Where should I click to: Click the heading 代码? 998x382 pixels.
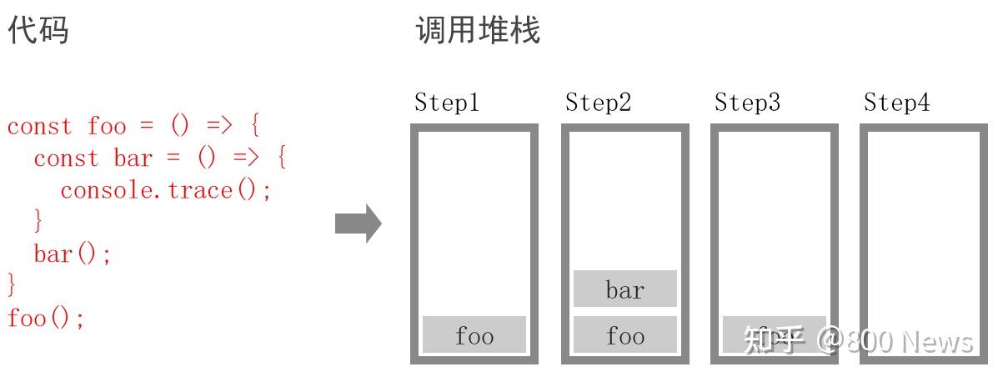pos(38,31)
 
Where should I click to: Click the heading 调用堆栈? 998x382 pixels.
pos(478,31)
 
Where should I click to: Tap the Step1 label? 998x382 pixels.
pos(447,103)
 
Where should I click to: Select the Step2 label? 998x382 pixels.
pos(598,103)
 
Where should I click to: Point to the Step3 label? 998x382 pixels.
pos(747,103)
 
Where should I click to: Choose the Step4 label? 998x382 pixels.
pos(896,103)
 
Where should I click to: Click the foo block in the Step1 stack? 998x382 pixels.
pos(474,334)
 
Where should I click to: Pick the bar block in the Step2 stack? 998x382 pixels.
pos(624,289)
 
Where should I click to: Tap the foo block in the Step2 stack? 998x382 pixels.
pos(624,334)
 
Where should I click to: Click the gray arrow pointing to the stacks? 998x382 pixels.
pos(358,224)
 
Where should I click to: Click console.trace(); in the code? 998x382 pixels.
pos(166,190)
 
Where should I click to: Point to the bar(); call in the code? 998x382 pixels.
pos(73,254)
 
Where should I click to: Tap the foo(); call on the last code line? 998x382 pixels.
pos(46,318)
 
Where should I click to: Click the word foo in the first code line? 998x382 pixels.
pos(107,127)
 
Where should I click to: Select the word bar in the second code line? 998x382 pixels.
pos(133,158)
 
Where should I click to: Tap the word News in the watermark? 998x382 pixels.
pos(937,341)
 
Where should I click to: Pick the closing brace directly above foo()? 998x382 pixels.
pos(11,285)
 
